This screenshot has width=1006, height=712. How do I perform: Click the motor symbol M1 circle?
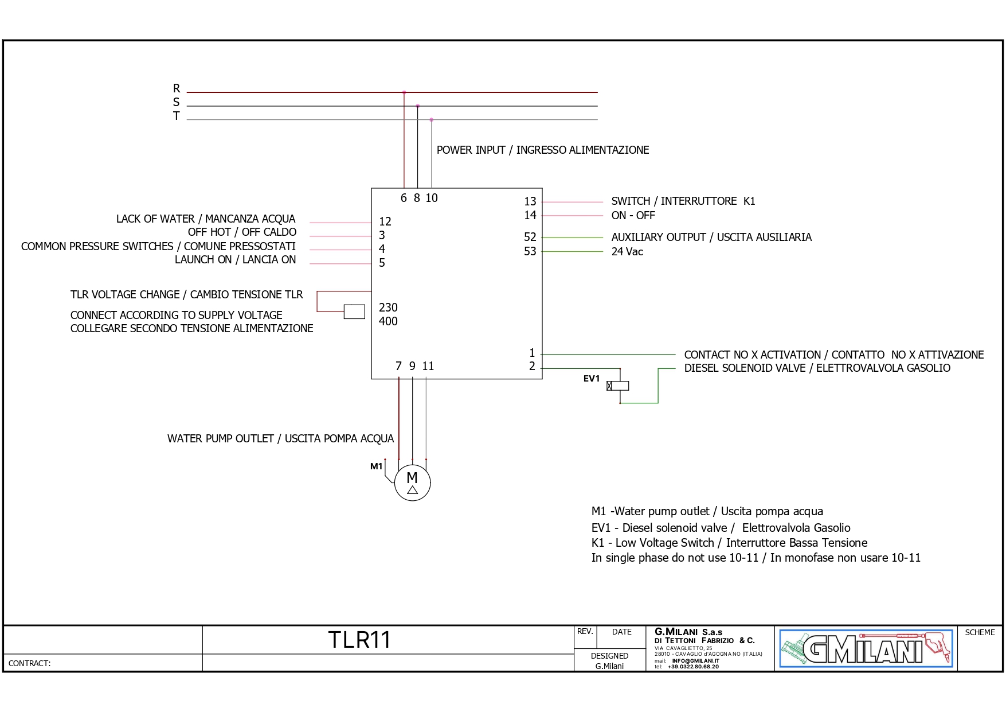pos(412,483)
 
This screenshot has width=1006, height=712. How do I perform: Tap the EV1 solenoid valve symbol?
pos(618,386)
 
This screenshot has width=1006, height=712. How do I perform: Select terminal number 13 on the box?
pos(530,201)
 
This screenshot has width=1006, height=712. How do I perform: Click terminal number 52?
pos(530,237)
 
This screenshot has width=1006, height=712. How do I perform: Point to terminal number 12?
pos(385,221)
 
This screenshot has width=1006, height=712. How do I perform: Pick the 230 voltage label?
pos(388,308)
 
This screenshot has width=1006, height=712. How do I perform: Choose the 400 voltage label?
pos(388,321)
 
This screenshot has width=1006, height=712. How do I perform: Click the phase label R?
pos(177,88)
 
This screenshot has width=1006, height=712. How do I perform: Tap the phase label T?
pos(177,116)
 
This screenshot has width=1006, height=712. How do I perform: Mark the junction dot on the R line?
pos(404,92)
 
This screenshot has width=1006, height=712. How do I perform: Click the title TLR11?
pos(359,640)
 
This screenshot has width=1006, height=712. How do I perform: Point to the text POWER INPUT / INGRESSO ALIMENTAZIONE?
pos(542,150)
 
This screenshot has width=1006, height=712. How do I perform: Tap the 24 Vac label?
pos(627,252)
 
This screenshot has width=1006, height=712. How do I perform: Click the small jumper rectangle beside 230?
pos(354,312)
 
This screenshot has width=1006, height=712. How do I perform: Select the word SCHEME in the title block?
pos(980,632)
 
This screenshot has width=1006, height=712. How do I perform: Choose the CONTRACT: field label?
pos(29,663)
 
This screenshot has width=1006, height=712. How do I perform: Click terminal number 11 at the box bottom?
pos(428,366)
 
